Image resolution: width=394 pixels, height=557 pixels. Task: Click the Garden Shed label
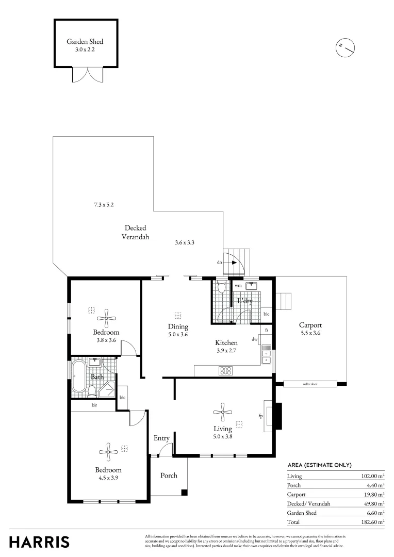[x=86, y=41]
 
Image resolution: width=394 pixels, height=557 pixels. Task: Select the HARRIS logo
[x=39, y=542]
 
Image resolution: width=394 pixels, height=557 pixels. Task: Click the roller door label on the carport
[x=309, y=384]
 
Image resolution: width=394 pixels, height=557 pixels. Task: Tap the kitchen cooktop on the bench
[x=226, y=370]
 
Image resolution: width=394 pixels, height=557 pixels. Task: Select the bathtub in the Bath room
[x=79, y=376]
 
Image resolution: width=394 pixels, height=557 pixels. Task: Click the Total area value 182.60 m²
[x=373, y=522]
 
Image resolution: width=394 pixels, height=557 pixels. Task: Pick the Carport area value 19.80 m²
[x=373, y=494]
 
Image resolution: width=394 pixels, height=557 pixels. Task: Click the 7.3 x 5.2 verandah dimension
[x=104, y=205]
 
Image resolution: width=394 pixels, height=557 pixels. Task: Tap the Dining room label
[x=178, y=326]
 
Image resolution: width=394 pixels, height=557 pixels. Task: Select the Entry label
[x=161, y=438]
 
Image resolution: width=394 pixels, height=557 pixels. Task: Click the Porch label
[x=169, y=476]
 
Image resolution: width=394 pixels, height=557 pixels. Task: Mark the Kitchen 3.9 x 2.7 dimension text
[x=226, y=351]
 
